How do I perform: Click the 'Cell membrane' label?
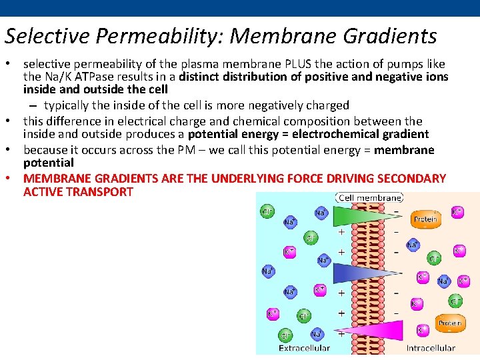371,198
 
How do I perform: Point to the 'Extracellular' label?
304,348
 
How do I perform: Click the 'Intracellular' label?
431,348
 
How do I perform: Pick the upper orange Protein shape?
425,219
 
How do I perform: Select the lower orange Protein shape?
449,323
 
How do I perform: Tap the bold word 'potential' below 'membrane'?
49,163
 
